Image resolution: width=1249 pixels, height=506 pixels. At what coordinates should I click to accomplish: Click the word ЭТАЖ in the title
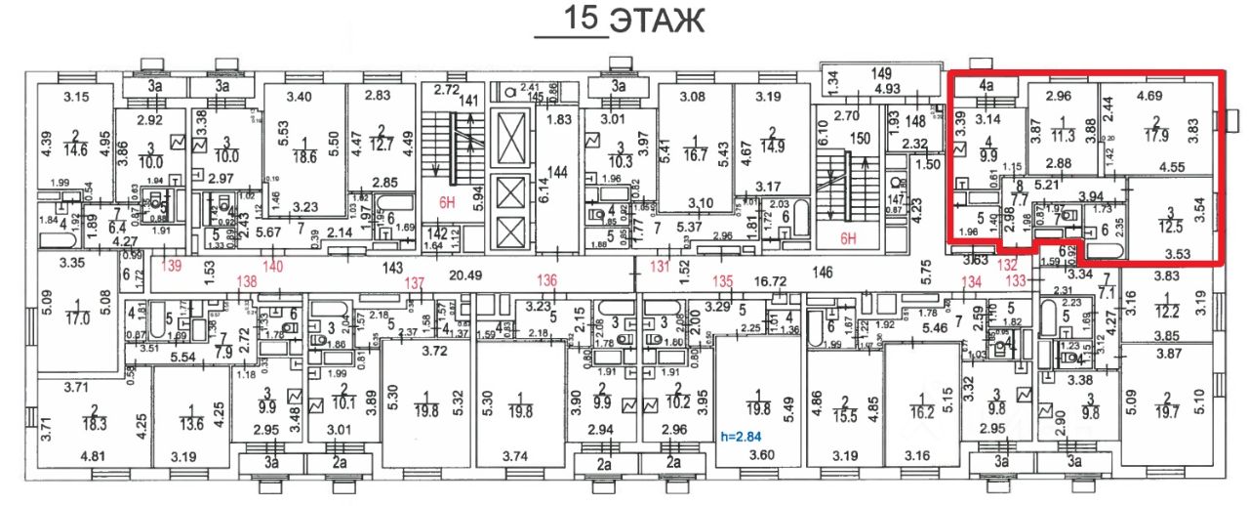(657, 21)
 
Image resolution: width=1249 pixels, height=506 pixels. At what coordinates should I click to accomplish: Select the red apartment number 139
(173, 266)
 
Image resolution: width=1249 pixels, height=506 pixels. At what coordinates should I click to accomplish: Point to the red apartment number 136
(546, 282)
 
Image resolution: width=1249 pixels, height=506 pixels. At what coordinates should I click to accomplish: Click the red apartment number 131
(662, 266)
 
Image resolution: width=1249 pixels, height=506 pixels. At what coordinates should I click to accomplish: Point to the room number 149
(882, 73)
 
